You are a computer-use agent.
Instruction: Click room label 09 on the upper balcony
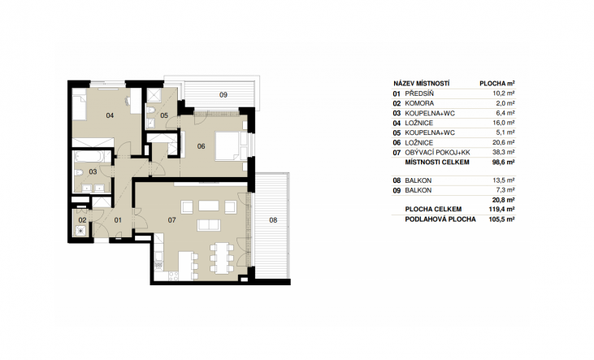[x=223, y=95]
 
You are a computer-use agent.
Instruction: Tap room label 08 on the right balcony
[x=273, y=219]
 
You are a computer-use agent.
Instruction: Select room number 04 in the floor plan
[x=110, y=115]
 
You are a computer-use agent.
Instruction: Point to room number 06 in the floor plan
[x=202, y=146]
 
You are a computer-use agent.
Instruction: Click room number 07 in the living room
[x=172, y=219]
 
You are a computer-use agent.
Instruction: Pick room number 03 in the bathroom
[x=93, y=171]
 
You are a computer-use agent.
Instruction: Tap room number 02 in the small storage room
[x=82, y=219]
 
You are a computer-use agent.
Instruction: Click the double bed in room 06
[x=228, y=146]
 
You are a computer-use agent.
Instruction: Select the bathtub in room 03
[x=89, y=156]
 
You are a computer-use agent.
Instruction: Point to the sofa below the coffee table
[x=208, y=225]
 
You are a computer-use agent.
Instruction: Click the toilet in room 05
[x=150, y=110]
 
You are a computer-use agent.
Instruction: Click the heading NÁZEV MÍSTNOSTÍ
[x=421, y=84]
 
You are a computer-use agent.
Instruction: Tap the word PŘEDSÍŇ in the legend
[x=419, y=93]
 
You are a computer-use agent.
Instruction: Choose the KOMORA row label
[x=419, y=103]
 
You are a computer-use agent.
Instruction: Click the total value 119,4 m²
[x=501, y=209]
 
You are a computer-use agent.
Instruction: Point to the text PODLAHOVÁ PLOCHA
[x=440, y=219]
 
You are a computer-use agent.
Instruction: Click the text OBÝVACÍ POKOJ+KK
[x=437, y=152]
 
